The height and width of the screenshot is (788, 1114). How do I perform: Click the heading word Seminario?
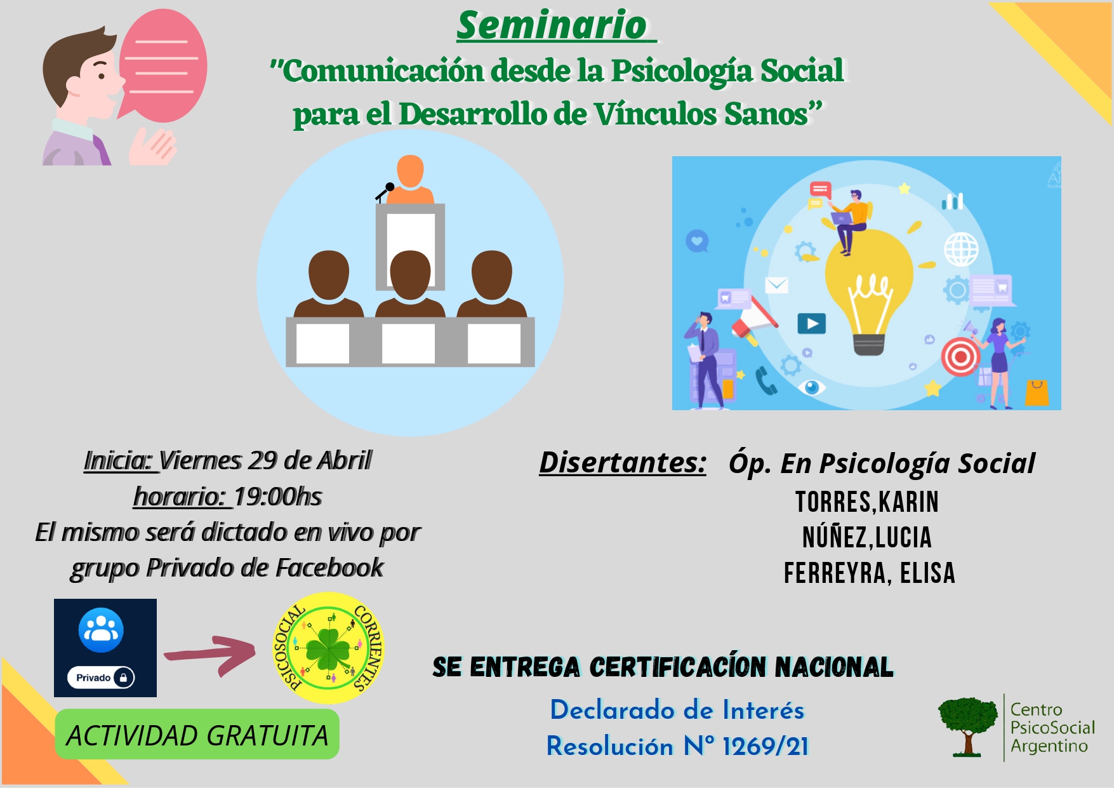coord(552,25)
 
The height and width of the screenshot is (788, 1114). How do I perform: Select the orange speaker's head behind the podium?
coord(410,171)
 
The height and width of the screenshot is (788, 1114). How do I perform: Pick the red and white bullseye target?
coord(960,357)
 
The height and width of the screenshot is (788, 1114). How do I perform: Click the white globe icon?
coord(961,249)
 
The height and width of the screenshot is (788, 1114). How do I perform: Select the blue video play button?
coord(812,324)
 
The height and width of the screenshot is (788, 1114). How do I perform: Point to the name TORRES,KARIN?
coord(867,502)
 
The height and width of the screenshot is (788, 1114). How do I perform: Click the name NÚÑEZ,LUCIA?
coord(867,537)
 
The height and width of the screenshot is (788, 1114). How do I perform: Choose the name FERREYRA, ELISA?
coord(869,573)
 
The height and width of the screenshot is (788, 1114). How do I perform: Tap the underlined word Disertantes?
coord(622,462)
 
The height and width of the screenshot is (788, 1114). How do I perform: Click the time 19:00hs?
coord(278,497)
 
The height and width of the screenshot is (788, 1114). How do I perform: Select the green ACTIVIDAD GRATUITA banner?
coord(197,735)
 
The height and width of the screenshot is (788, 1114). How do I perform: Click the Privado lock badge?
coord(102,678)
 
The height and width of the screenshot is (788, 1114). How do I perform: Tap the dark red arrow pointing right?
coord(209,653)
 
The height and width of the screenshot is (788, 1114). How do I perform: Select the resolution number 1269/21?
coord(766,747)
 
